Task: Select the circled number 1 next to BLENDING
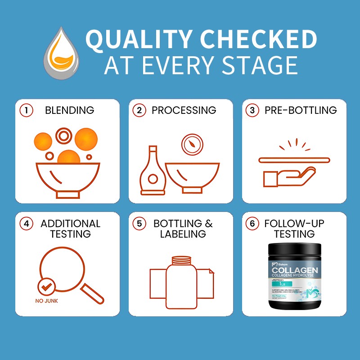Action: click(27, 110)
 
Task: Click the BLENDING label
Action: click(69, 110)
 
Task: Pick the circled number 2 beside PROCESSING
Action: click(140, 110)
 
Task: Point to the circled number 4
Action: click(27, 224)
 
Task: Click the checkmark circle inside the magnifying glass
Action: click(47, 285)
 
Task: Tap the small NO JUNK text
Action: click(46, 301)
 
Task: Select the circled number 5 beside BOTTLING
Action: click(140, 224)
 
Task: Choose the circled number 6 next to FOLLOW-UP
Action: click(254, 224)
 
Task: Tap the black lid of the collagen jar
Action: click(294, 250)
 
